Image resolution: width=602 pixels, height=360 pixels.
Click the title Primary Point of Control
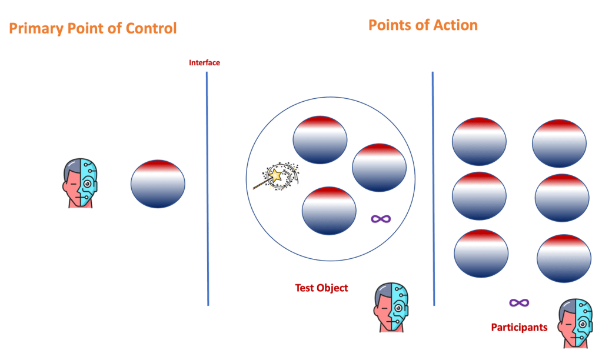pos(92,28)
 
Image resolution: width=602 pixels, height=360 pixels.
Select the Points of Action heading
pos(423,25)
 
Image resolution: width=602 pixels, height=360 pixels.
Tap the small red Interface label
pos(204,62)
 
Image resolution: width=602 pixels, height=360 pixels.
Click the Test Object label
pos(321,288)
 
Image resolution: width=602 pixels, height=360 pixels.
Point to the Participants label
pos(519,327)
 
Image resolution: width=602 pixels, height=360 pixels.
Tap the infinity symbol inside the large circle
pos(381,219)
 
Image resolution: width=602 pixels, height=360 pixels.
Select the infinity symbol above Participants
pos(518,303)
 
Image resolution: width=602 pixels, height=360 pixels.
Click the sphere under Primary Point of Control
pos(158,184)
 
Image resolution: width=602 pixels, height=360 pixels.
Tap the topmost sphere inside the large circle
pos(320,140)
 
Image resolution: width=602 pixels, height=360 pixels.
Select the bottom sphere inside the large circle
pos(329,211)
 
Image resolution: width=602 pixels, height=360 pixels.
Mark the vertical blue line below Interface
pos(207,188)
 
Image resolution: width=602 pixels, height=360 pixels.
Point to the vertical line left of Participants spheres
pos(433,188)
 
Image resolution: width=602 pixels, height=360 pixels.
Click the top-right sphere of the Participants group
pos(559,144)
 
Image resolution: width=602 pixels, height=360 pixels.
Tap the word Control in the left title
pos(151,28)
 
